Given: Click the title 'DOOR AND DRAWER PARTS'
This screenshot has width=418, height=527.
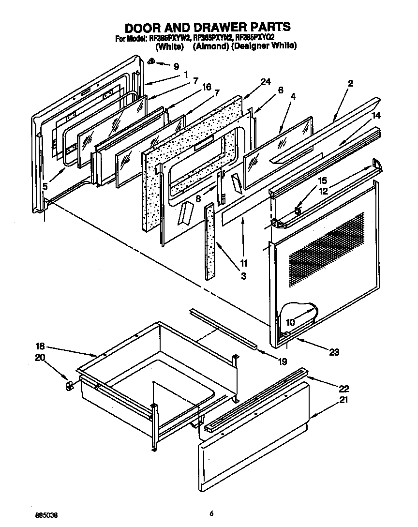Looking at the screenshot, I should coord(208,26).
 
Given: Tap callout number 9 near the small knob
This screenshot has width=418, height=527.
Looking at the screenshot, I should coord(176,67).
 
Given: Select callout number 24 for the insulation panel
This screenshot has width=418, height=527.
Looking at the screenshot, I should coord(265,83).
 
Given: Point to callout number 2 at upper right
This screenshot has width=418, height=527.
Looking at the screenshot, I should coord(350,83).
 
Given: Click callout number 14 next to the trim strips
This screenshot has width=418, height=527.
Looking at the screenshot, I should coord(376,115).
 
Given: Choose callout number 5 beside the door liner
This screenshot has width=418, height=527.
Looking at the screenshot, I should coord(45,186).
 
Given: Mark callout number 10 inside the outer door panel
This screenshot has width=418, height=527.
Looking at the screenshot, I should coord(290,322).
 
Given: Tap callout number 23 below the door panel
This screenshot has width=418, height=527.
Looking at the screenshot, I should coord(334,352).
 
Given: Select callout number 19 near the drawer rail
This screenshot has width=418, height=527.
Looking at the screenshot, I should coord(282,361).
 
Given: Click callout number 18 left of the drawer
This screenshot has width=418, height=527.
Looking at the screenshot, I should coord(41,346).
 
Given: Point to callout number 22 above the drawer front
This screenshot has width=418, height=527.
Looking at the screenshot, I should coord(344,388).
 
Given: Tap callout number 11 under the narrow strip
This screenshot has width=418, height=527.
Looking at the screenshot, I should coord(243,263).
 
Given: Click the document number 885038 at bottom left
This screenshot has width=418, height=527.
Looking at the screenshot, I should coord(47,514).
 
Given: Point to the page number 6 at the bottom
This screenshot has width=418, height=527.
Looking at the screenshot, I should coord(211,513).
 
